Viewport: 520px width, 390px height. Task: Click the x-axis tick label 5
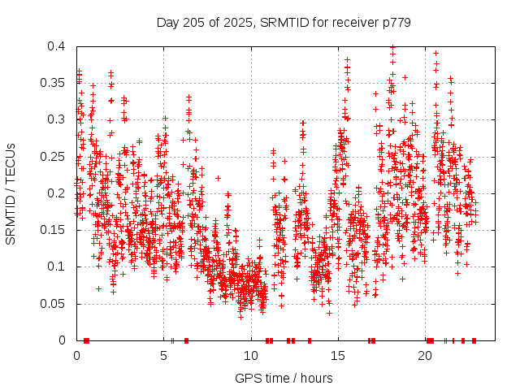[x=164, y=356]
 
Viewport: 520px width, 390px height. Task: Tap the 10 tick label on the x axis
[x=251, y=356]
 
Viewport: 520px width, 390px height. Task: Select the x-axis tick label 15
[x=338, y=356]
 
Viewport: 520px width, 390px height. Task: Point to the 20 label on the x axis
[x=425, y=356]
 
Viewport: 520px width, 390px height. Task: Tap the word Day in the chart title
[x=167, y=23]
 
